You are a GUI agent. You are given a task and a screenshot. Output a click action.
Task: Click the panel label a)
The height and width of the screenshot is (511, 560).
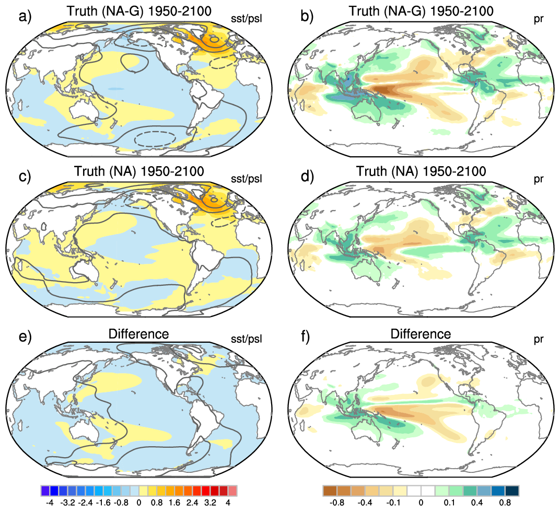[x=25, y=16]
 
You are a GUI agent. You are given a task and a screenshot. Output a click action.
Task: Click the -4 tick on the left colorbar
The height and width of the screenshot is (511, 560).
[x=50, y=503]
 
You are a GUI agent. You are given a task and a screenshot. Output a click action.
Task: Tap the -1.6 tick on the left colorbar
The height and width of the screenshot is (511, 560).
[x=103, y=503]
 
